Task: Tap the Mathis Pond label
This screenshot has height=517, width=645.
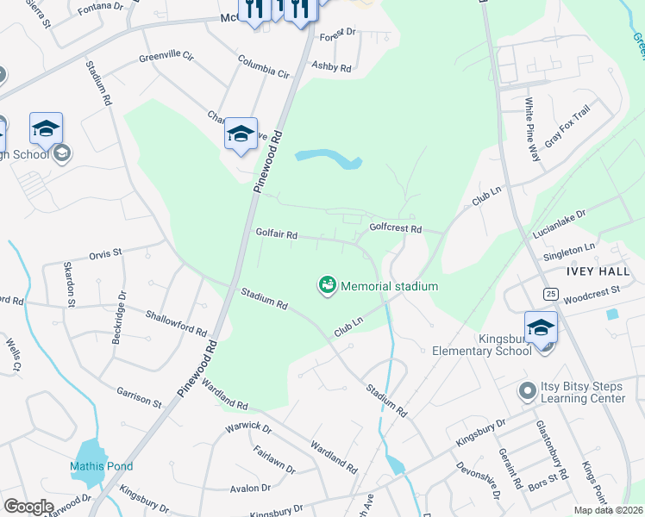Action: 101,467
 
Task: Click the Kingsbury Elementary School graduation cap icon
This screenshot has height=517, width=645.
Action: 541,328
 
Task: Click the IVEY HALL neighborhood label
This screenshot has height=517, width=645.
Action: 598,271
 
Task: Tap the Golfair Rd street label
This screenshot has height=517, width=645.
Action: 276,234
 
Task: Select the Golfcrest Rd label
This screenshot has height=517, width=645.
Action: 395,228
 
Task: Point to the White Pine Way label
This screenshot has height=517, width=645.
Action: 532,129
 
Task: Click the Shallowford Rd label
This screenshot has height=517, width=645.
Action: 176,323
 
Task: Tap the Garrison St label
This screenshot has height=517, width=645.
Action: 139,396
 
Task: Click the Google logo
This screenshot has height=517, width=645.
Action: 28,507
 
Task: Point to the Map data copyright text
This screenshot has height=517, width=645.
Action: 608,510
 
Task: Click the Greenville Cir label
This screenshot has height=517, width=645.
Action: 166,59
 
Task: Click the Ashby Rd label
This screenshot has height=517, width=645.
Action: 332,66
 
